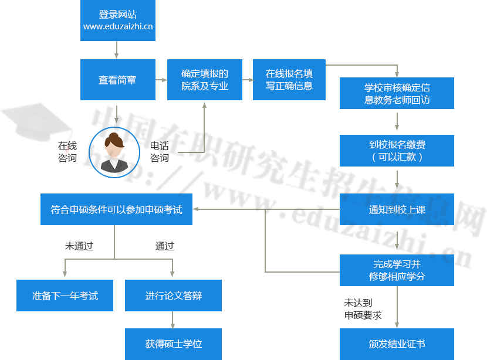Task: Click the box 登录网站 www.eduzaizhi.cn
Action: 118,21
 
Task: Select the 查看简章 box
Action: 117,80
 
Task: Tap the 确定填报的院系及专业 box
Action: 204,80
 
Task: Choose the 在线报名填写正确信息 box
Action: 289,80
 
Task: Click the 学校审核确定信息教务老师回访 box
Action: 397,93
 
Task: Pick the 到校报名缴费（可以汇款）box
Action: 397,151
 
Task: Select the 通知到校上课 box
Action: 397,209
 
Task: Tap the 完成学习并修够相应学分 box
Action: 397,270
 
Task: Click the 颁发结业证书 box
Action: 397,344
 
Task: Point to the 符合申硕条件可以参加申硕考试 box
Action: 116,209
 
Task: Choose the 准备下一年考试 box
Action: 65,296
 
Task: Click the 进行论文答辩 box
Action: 173,296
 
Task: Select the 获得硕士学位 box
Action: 173,344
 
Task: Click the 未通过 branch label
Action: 79,246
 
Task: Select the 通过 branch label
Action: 164,246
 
